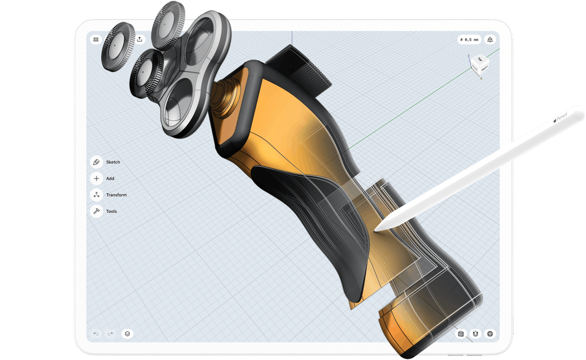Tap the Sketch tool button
coord(97,162)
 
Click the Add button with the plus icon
coord(97,178)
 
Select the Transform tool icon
coord(97,195)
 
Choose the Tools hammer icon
coord(97,211)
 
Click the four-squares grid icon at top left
coord(96,39)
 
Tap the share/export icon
coord(139,39)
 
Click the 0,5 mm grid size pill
coord(469,39)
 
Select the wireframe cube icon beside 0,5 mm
coord(491,39)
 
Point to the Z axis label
coord(468,55)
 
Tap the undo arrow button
coord(96,333)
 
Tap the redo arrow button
coord(110,333)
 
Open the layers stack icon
coord(127,333)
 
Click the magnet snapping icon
coord(476,333)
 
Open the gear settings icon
coord(491,333)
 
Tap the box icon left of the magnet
coord(461,333)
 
